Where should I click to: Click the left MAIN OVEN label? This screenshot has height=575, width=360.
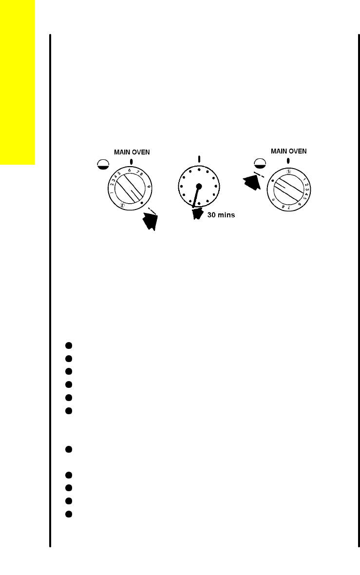tap(132, 152)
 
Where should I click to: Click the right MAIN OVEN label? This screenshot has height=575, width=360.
tap(289, 151)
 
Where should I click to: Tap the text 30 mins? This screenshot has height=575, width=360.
tap(221, 215)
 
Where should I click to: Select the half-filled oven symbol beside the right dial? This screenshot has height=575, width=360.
tap(260, 165)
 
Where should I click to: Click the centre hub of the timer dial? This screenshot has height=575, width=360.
tap(199, 186)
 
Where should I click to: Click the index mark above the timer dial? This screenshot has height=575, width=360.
tap(199, 158)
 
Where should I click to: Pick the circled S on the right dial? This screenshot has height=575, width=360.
tap(289, 171)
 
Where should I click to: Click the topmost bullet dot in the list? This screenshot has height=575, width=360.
tap(69, 345)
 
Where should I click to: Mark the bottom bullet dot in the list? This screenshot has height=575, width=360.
tap(69, 514)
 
